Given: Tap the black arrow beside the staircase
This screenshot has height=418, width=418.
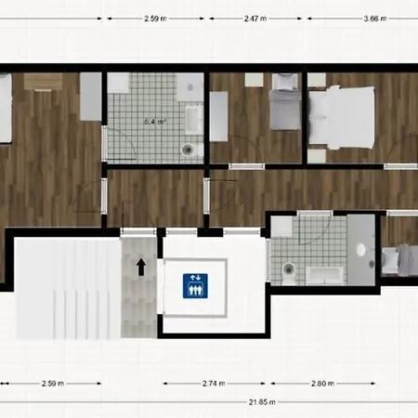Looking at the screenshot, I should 141,268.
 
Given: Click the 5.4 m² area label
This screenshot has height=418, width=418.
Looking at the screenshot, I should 154,121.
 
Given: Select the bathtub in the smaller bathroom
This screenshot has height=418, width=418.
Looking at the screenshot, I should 326,273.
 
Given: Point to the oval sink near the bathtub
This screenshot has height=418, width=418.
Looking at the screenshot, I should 362,249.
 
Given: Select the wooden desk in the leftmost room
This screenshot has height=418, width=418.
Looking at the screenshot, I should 41,81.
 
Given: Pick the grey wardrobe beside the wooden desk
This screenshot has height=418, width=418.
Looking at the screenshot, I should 89,96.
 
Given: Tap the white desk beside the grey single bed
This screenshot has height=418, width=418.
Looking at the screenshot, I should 219,116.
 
